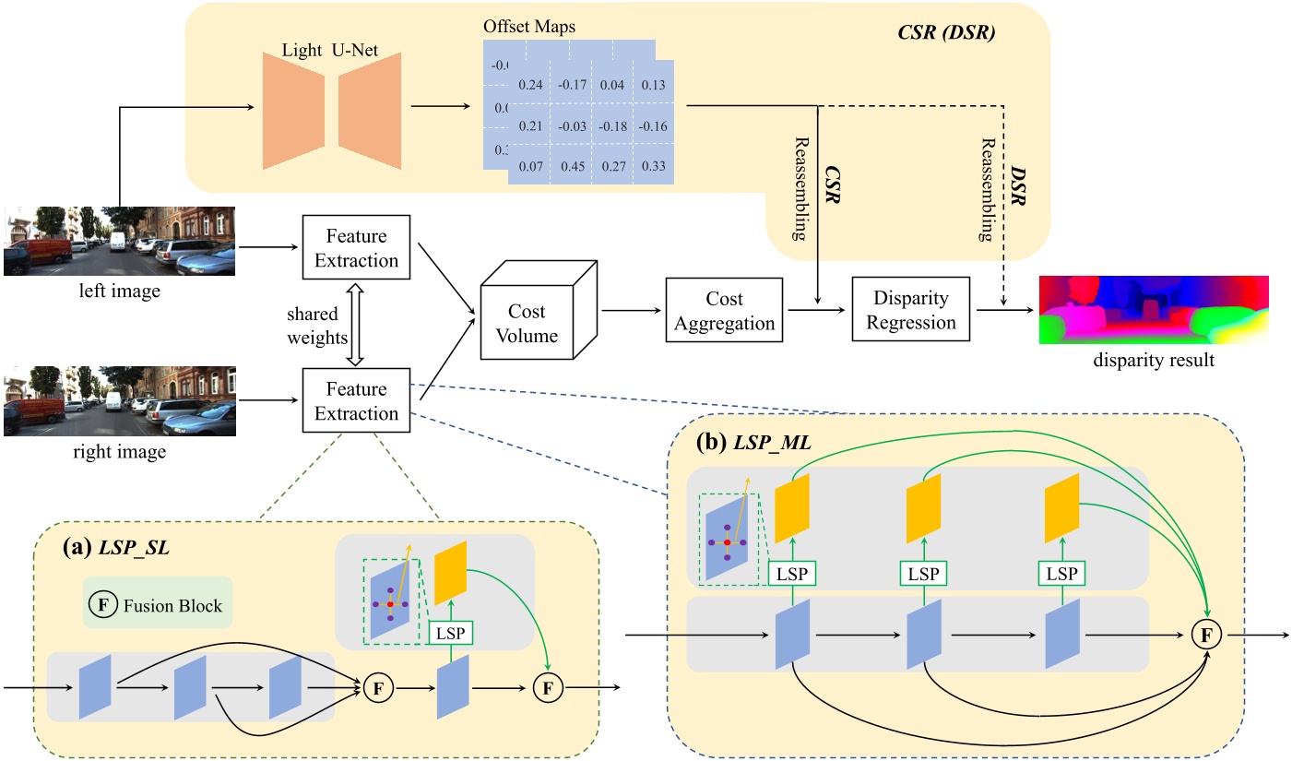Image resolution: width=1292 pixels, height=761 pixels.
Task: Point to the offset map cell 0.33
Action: (x=652, y=167)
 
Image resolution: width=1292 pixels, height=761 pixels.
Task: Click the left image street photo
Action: (x=119, y=241)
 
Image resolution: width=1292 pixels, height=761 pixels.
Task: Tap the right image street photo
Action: (x=119, y=401)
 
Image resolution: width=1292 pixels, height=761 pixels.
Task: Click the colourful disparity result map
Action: (x=1154, y=310)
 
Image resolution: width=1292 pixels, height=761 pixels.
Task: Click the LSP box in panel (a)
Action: (x=451, y=633)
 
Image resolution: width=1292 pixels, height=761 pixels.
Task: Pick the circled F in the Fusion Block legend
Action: (x=103, y=606)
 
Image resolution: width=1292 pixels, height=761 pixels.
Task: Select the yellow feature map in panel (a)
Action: (x=451, y=572)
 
